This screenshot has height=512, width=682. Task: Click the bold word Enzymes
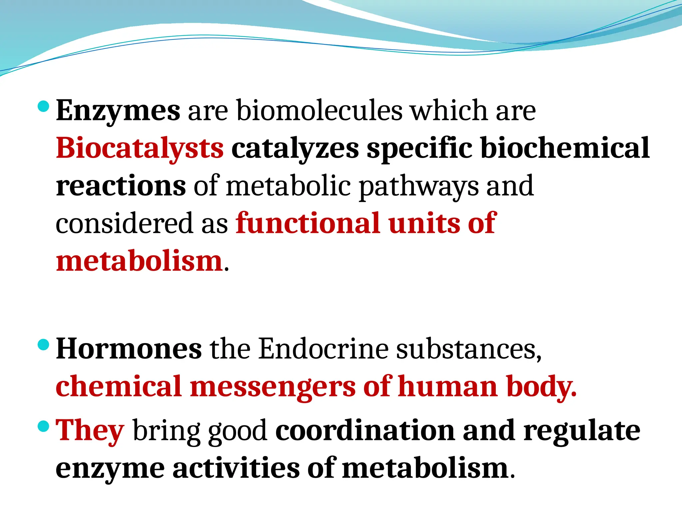point(118,111)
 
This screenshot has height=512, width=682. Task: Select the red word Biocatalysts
point(140,148)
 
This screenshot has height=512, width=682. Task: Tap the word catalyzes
point(295,148)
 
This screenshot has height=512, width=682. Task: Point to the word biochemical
point(565,148)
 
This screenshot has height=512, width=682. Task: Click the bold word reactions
point(121,186)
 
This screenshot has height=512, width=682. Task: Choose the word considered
point(124,223)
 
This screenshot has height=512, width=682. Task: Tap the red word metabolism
point(139,261)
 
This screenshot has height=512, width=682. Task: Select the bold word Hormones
point(129,349)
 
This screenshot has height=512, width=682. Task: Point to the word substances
point(469,349)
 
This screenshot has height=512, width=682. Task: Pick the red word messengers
point(273,387)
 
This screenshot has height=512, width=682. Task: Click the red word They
point(90,431)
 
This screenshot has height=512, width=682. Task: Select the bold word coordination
point(365,431)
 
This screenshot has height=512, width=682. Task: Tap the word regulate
point(581,431)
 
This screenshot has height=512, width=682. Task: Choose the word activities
point(236,468)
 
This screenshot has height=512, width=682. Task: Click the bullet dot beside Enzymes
point(44,107)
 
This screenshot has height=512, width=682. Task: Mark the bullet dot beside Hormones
point(44,345)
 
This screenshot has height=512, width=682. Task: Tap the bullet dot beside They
point(44,426)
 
